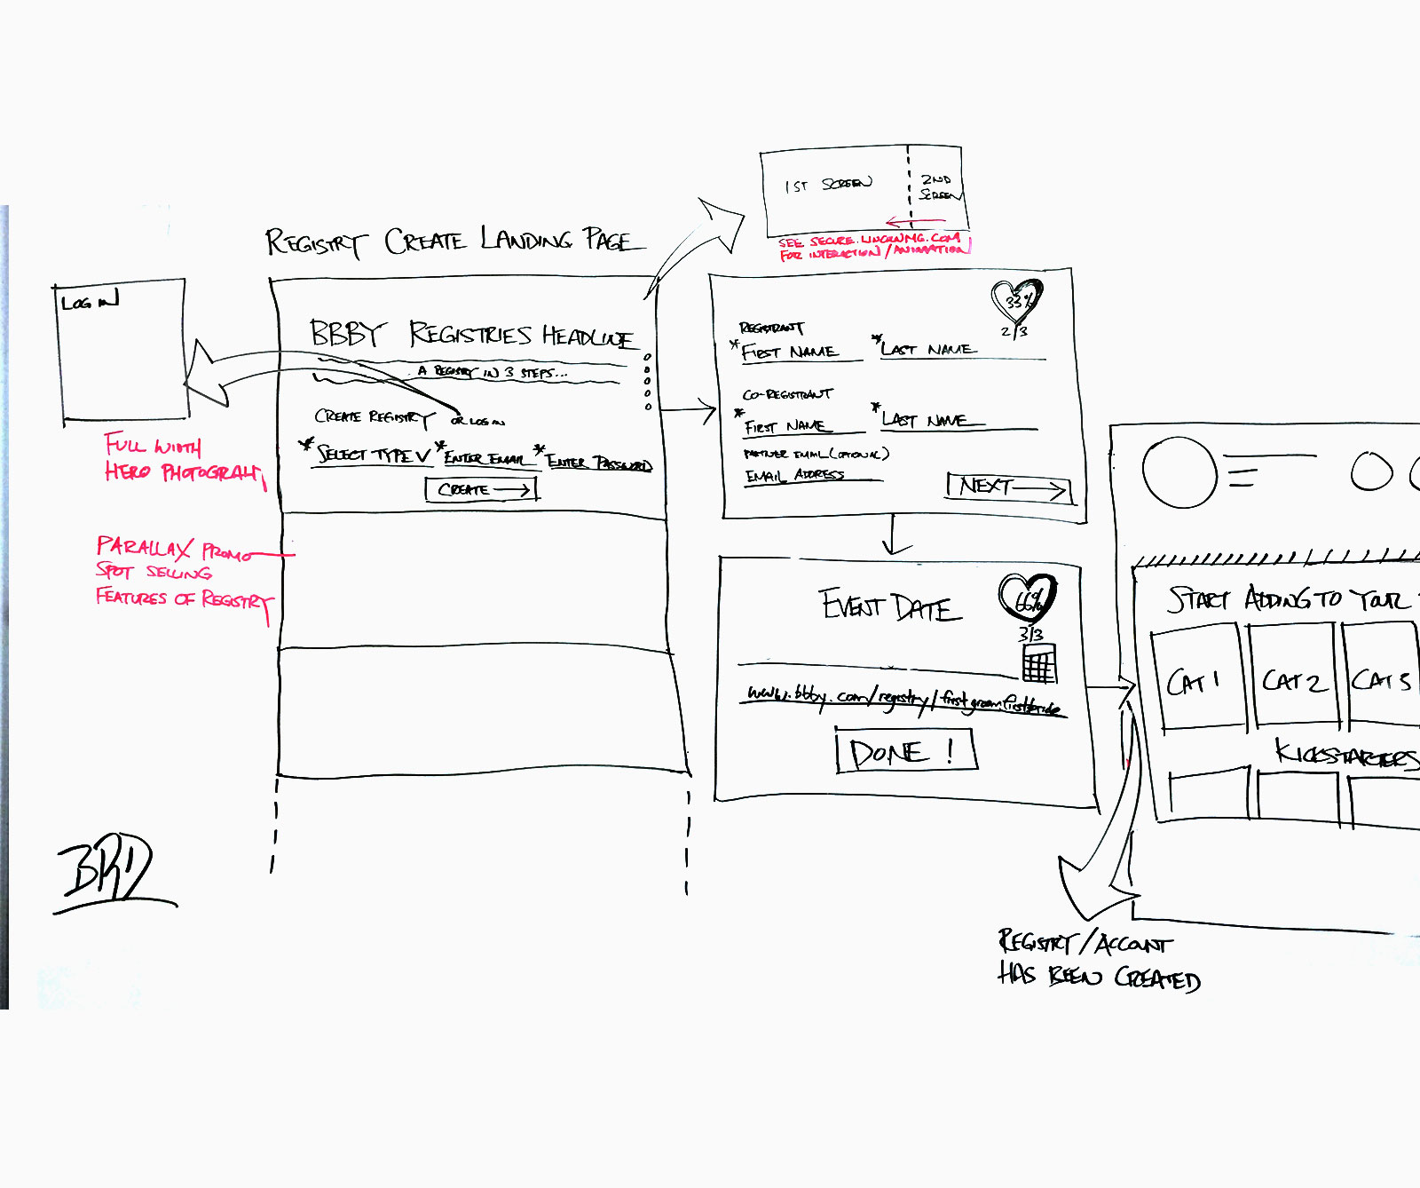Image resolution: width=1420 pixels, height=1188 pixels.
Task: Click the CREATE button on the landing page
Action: pyautogui.click(x=482, y=489)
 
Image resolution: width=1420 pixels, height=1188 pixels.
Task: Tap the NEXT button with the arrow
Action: pyautogui.click(x=1009, y=487)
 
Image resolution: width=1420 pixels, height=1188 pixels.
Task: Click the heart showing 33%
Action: pyautogui.click(x=1016, y=300)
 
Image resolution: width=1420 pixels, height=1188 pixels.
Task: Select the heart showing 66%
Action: pyautogui.click(x=1028, y=598)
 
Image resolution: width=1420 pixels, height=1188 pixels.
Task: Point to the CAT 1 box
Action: pyautogui.click(x=1195, y=679)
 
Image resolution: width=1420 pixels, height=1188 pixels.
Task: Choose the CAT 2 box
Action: pyautogui.click(x=1293, y=679)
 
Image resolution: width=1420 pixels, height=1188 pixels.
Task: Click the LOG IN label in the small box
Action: pyautogui.click(x=90, y=301)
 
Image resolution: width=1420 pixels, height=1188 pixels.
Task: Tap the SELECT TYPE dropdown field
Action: pyautogui.click(x=373, y=455)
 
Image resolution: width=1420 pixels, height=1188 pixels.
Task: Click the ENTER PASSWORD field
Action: pyautogui.click(x=598, y=463)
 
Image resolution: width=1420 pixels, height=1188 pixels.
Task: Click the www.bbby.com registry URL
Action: pyautogui.click(x=902, y=698)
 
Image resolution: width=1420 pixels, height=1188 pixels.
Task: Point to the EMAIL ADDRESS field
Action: pyautogui.click(x=795, y=476)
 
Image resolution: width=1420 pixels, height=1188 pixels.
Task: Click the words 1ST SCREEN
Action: pyautogui.click(x=827, y=185)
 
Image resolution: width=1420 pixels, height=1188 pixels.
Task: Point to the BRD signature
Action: pyautogui.click(x=111, y=869)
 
